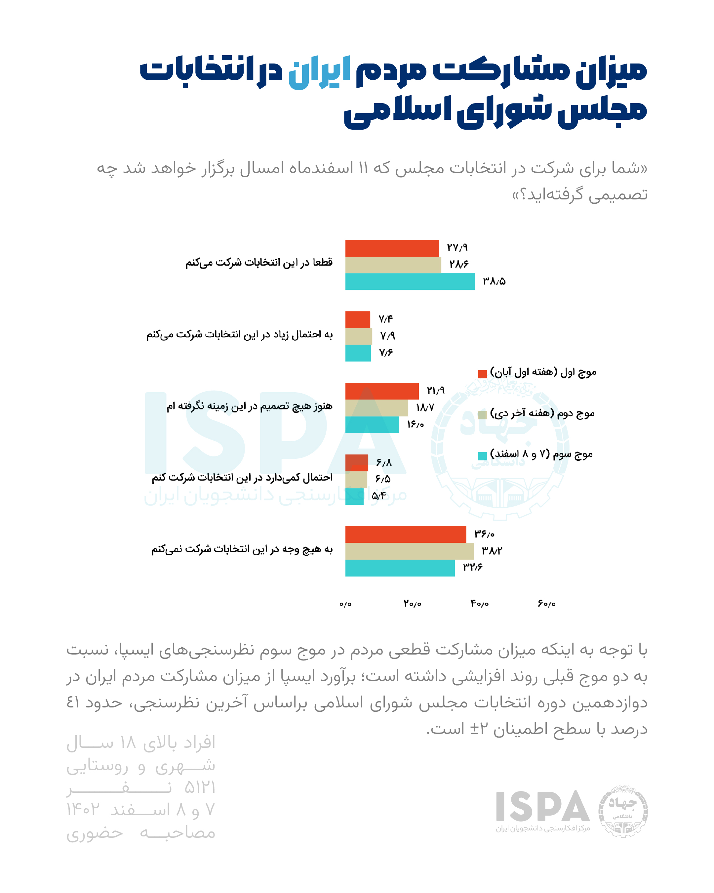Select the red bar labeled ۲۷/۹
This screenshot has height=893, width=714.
392,248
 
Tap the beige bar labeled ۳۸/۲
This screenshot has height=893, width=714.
409,551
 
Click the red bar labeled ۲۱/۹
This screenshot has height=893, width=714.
382,391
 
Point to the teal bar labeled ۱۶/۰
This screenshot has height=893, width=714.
372,425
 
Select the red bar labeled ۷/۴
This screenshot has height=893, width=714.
358,319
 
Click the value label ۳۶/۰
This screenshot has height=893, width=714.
484,534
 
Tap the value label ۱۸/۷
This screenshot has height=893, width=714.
425,407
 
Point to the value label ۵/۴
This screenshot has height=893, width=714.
378,496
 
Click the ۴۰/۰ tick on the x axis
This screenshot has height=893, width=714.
479,604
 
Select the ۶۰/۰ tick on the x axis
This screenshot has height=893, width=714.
546,604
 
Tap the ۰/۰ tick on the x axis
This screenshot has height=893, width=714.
345,604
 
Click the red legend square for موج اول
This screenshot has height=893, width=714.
482,374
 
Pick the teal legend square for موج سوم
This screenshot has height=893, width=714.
482,456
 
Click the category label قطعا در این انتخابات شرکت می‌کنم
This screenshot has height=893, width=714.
259,263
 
